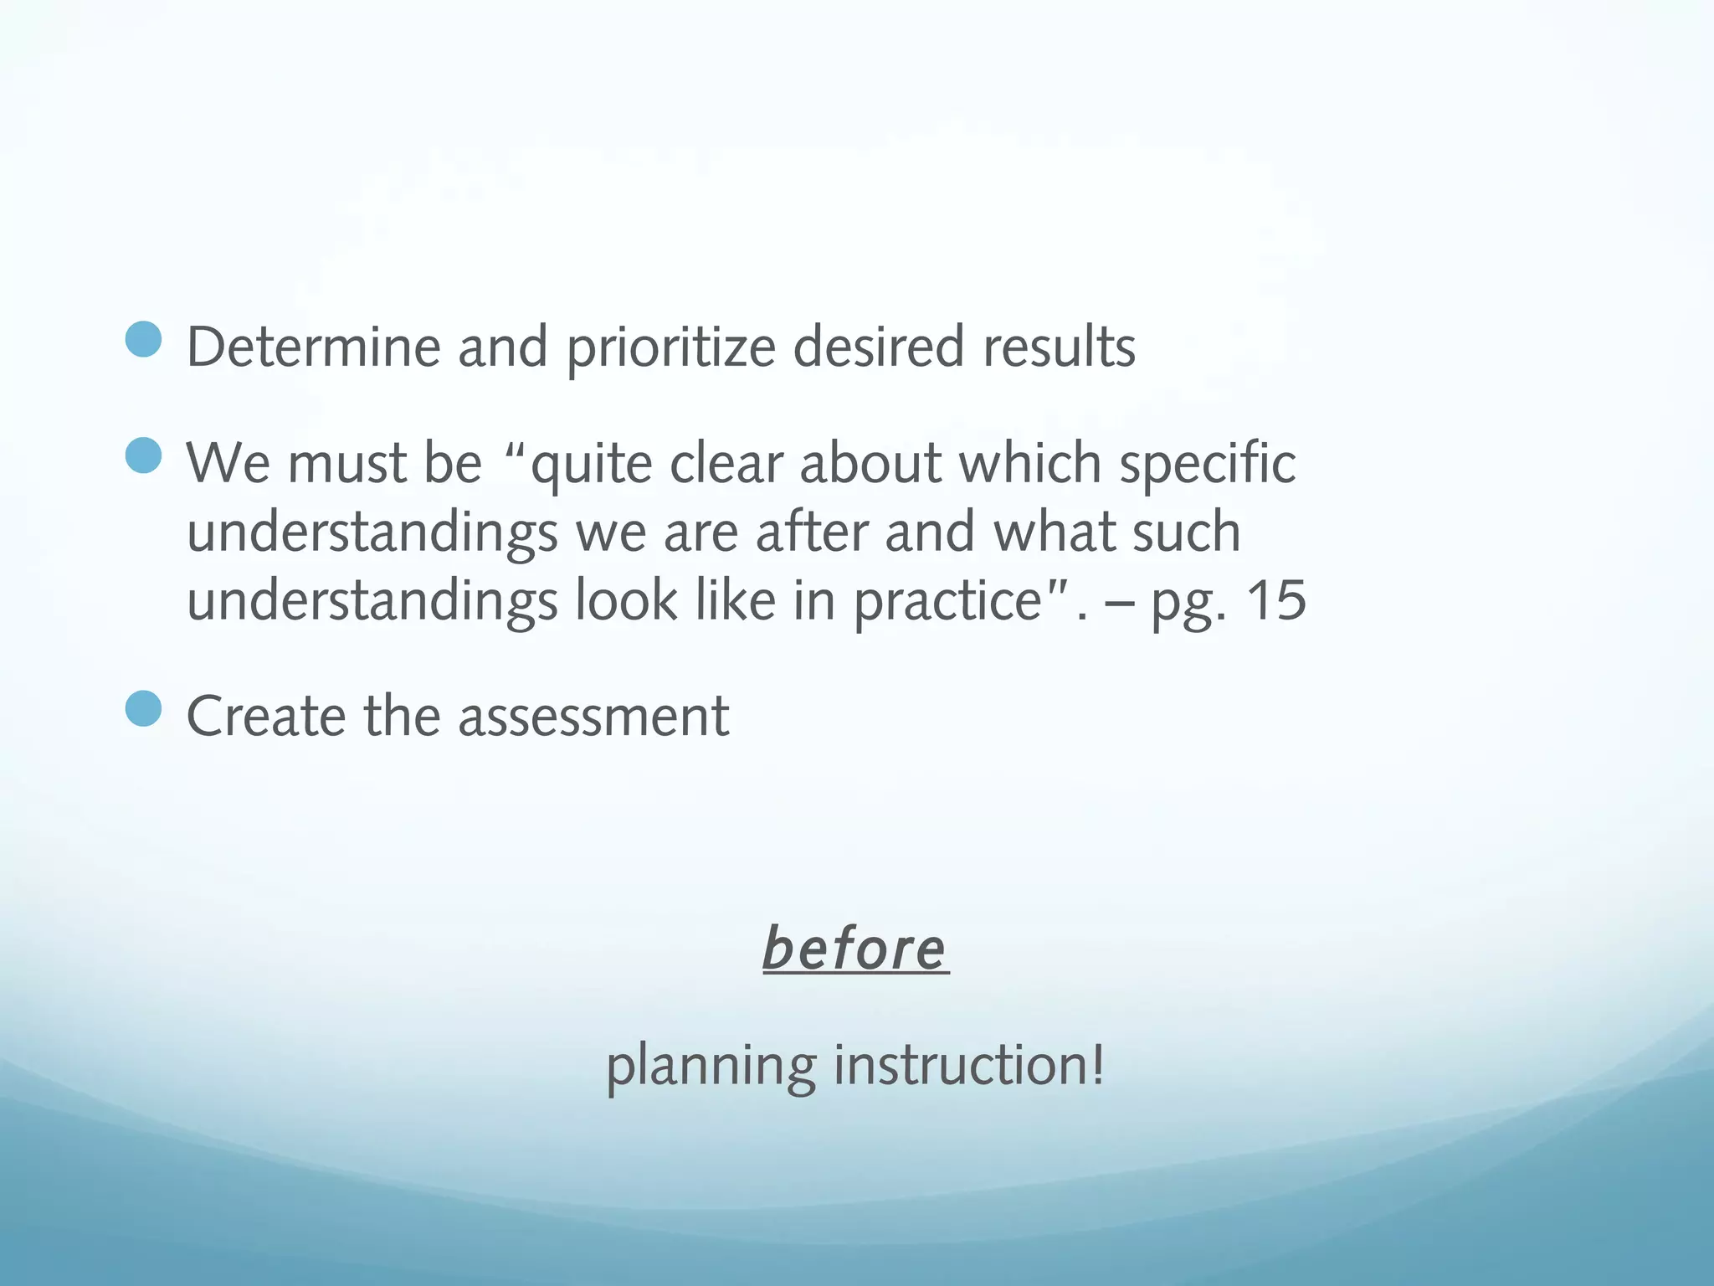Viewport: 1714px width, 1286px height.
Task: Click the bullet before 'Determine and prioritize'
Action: point(143,341)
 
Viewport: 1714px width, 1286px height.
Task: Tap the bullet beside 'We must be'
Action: point(143,456)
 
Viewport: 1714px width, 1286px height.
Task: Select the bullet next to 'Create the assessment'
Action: point(143,709)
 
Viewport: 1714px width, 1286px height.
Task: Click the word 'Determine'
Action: point(313,347)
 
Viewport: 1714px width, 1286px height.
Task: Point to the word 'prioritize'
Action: point(671,348)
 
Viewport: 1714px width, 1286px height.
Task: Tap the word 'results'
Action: point(1059,347)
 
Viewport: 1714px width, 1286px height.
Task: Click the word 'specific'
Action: point(1208,464)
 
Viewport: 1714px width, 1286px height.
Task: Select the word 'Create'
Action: point(266,717)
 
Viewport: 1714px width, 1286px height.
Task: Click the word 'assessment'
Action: point(593,718)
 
